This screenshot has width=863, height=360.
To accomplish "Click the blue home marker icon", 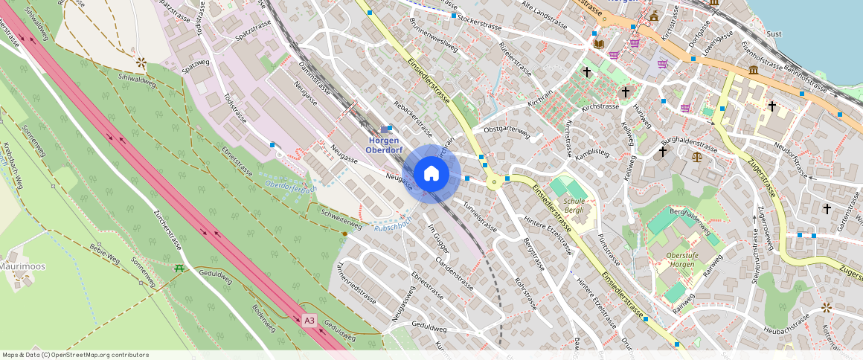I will click(431, 174).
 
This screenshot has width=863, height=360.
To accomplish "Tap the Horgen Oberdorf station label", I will click(384, 145).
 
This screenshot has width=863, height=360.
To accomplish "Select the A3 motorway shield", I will click(309, 321).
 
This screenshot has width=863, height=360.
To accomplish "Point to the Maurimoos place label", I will click(23, 266).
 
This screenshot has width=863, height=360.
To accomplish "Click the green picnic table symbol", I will click(179, 269).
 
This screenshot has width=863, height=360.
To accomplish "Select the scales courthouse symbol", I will click(696, 156).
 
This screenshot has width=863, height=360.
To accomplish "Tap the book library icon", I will click(599, 44).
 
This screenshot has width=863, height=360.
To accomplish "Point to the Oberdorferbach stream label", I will click(292, 184).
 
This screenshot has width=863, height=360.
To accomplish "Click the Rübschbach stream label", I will click(392, 225).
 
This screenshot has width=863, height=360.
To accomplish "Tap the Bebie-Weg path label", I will click(104, 254).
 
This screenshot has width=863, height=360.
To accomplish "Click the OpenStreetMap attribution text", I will click(75, 355).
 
